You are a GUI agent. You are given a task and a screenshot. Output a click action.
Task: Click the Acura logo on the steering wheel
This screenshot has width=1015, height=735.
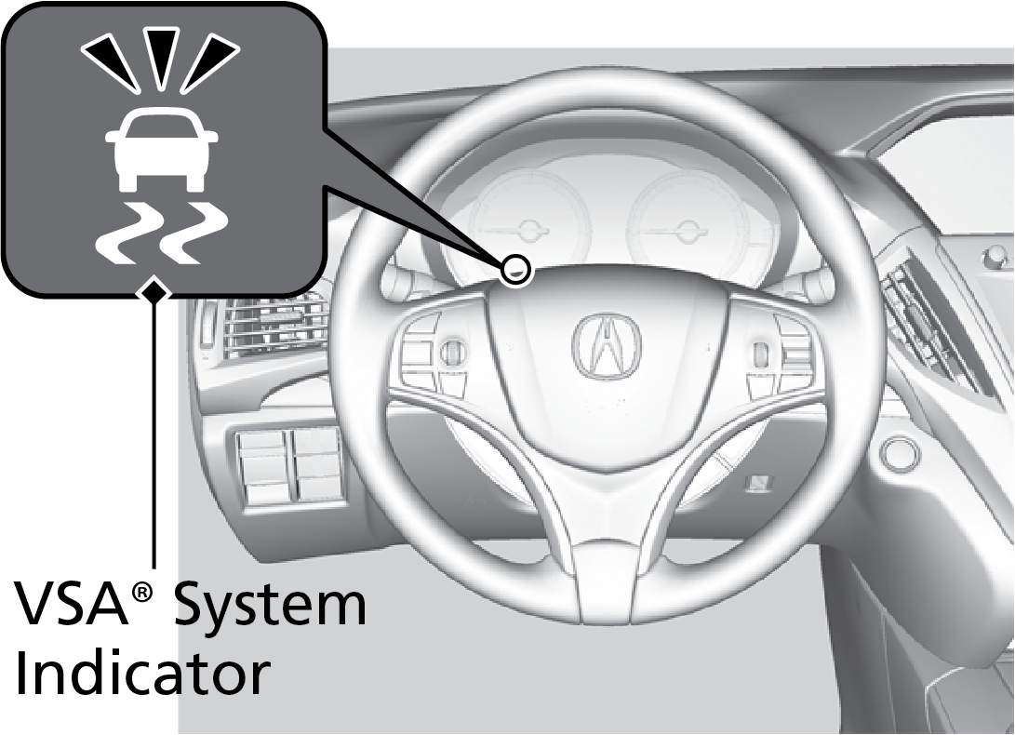(606, 345)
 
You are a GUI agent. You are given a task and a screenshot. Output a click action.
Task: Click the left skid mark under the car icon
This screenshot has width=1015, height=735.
(127, 234)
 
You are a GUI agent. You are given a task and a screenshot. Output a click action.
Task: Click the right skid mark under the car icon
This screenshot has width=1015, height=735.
(194, 234)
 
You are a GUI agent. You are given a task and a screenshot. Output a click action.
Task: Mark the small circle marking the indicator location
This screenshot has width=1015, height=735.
(514, 270)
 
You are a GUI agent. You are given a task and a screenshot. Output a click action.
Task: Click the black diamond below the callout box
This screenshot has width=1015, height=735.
(154, 292)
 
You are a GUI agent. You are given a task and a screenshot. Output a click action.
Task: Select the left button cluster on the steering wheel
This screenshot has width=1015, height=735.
(436, 352)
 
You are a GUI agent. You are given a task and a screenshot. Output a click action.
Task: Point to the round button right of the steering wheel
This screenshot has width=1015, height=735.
(899, 451)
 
